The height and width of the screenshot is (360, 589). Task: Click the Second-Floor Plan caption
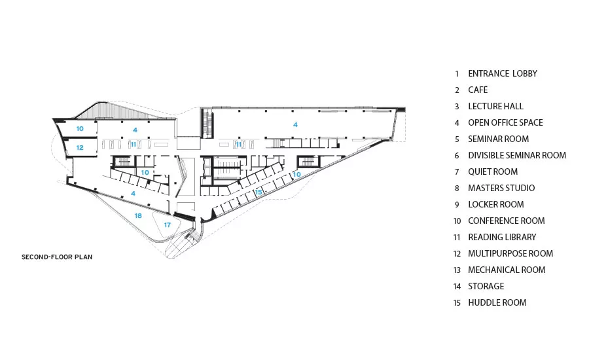(x=57, y=257)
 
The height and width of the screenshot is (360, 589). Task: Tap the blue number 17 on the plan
(x=167, y=225)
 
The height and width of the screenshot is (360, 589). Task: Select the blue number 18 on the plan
(x=138, y=216)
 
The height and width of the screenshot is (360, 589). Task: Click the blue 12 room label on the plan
(x=80, y=148)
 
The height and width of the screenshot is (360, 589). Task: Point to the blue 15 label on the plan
(x=259, y=192)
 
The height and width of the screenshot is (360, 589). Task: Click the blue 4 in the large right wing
(x=295, y=124)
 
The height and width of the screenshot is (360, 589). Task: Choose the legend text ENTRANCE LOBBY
(x=503, y=74)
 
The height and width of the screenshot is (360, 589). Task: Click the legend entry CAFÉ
(x=478, y=90)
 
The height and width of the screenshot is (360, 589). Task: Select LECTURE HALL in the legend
(x=495, y=106)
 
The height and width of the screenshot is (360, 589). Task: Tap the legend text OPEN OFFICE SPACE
(x=505, y=122)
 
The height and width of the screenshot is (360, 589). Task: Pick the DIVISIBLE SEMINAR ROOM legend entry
(x=517, y=155)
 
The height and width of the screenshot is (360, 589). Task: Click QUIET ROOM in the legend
(x=493, y=171)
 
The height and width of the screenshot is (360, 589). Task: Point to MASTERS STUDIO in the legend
(x=501, y=188)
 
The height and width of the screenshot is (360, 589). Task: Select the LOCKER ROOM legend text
(x=496, y=204)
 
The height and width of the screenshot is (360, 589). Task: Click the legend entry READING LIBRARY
(x=502, y=237)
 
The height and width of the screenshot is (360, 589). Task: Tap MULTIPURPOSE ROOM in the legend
(x=510, y=253)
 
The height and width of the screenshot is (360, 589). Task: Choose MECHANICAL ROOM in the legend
(x=507, y=270)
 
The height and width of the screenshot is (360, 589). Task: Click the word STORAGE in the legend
(x=486, y=286)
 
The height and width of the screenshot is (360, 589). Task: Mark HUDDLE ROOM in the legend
(x=497, y=302)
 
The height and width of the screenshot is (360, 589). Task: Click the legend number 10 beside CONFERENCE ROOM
(x=457, y=221)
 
